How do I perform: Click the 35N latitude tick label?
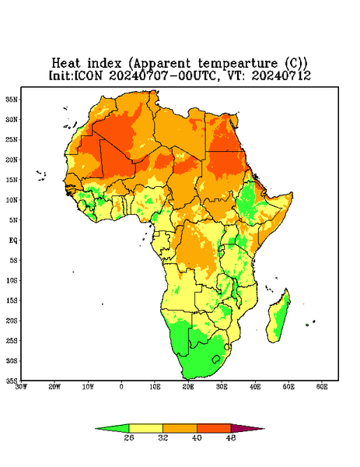[12, 99]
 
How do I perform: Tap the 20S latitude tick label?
[12, 321]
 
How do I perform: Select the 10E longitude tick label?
[155, 387]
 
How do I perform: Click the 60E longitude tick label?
[322, 387]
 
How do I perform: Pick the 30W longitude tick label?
[21, 387]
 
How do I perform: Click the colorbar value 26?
[129, 437]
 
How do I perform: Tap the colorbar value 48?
[231, 437]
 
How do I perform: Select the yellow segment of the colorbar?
[145, 428]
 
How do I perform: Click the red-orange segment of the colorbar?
[214, 428]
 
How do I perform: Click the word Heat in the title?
[66, 63]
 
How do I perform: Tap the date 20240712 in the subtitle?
[281, 75]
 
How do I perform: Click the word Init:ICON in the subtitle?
[75, 75]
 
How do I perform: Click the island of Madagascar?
[279, 316]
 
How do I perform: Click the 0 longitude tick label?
[121, 387]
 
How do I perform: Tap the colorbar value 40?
[197, 437]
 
